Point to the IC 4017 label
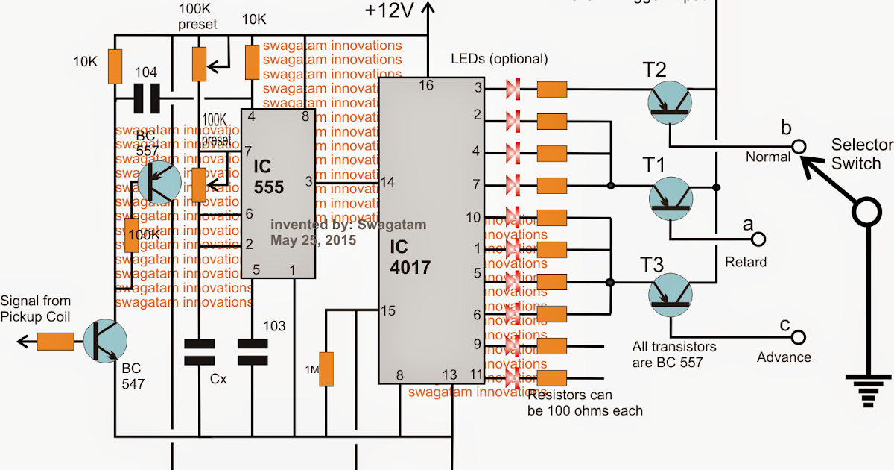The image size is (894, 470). click(x=410, y=256)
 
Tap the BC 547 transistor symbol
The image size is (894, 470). click(x=104, y=341)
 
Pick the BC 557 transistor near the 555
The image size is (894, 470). click(x=158, y=182)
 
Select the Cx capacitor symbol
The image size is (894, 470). click(x=199, y=352)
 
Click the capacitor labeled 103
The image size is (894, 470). click(x=252, y=352)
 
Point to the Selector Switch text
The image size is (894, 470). click(x=856, y=154)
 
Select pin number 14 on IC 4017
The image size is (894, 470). click(x=387, y=181)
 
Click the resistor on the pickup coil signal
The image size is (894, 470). click(x=55, y=342)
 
